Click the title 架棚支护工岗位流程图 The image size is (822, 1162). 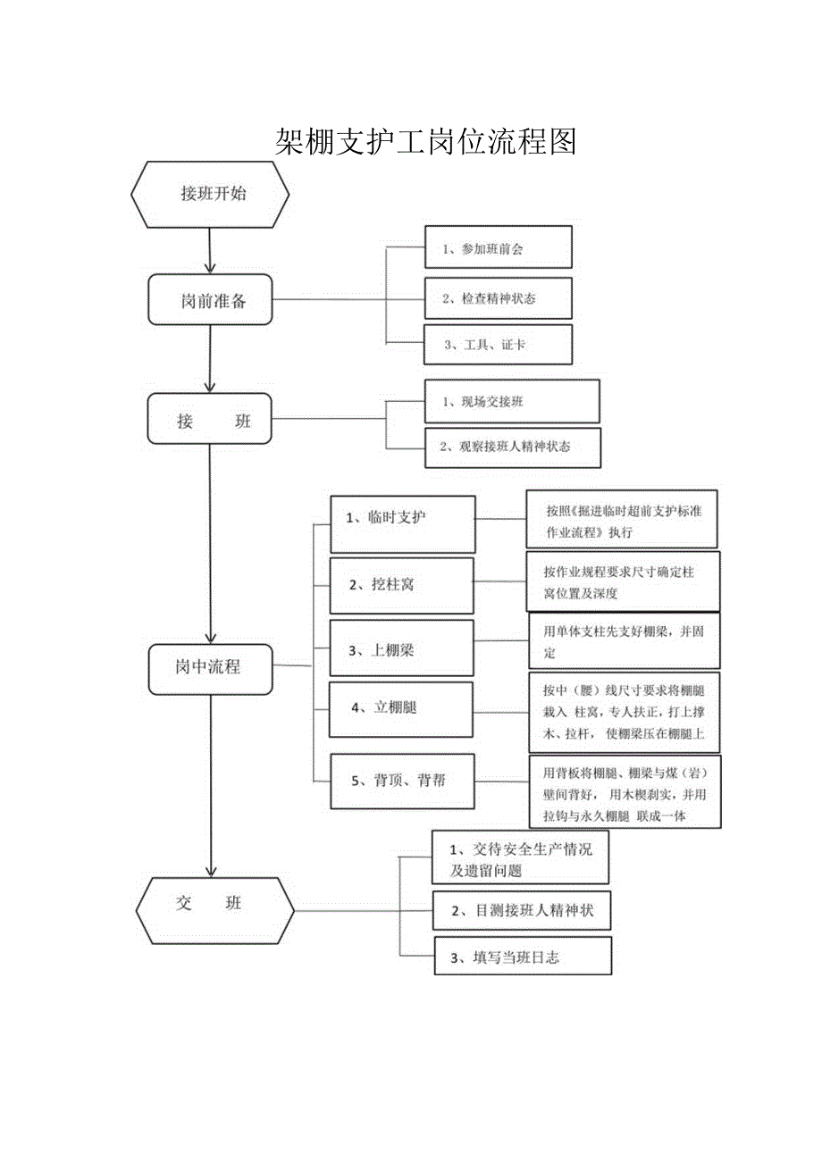pyautogui.click(x=425, y=141)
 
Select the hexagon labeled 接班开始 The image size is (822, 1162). pyautogui.click(x=211, y=194)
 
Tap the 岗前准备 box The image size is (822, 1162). pyautogui.click(x=211, y=299)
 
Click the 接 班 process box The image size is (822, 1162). pyautogui.click(x=211, y=420)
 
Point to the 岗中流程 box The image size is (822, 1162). pyautogui.click(x=211, y=667)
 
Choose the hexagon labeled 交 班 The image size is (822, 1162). pyautogui.click(x=214, y=908)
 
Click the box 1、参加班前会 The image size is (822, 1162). pyautogui.click(x=498, y=247)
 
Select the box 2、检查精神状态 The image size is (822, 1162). pyautogui.click(x=498, y=298)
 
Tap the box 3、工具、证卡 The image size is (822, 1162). pyautogui.click(x=498, y=345)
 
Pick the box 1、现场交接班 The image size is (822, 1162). pyautogui.click(x=512, y=401)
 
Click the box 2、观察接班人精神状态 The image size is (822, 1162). pyautogui.click(x=513, y=447)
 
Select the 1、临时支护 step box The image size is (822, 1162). pyautogui.click(x=403, y=523)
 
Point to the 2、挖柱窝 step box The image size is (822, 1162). pyautogui.click(x=401, y=584)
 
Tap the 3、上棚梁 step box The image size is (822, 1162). pyautogui.click(x=401, y=648)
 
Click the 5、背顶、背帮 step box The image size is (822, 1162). pyautogui.click(x=402, y=782)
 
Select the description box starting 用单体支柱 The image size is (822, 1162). pyautogui.click(x=624, y=641)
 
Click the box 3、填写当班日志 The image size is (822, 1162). pyautogui.click(x=523, y=956)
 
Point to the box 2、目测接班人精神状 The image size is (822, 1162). pyautogui.click(x=522, y=911)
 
